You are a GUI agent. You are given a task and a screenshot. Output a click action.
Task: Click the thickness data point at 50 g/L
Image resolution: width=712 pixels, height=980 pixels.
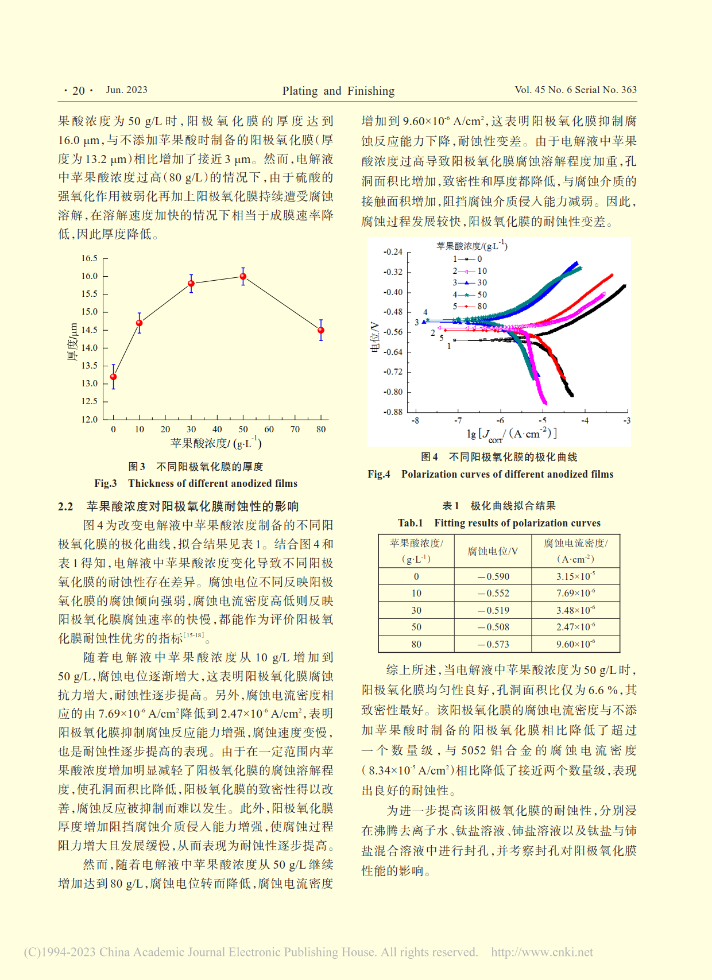click(243, 277)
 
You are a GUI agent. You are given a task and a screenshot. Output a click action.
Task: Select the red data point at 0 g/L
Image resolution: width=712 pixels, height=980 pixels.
click(113, 377)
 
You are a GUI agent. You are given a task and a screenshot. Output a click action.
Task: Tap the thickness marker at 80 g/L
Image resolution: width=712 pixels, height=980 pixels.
click(321, 330)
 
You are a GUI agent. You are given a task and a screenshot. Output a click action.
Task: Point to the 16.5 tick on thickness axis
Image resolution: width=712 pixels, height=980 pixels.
click(90, 258)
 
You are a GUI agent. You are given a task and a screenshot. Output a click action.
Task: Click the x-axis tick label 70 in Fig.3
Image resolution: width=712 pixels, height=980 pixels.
click(295, 429)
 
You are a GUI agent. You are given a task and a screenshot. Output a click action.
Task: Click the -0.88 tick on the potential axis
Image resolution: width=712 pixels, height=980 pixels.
click(393, 412)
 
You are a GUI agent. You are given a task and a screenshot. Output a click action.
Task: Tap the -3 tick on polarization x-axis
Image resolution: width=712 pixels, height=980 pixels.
click(627, 421)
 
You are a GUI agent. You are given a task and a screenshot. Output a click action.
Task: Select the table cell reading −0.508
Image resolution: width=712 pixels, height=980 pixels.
click(493, 627)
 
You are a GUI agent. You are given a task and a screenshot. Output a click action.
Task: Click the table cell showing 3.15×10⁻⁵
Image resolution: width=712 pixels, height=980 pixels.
click(575, 576)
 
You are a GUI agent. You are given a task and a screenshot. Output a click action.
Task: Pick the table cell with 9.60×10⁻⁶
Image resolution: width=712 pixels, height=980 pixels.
click(575, 644)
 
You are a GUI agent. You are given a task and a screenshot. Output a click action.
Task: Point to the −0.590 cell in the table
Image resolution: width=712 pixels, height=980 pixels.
click(493, 576)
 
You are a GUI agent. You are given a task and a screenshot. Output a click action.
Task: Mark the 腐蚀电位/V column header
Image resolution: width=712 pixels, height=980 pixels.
click(493, 551)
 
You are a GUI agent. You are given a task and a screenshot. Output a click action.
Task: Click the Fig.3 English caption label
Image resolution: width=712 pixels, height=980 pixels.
click(106, 483)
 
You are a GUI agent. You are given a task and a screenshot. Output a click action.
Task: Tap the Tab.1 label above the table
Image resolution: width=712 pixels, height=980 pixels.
click(410, 523)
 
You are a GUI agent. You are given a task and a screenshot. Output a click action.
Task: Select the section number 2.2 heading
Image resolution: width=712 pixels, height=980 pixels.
click(65, 506)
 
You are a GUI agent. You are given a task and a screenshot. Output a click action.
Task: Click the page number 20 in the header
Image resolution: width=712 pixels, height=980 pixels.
click(79, 91)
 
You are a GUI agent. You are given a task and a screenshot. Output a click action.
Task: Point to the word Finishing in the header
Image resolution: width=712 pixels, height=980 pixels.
click(371, 91)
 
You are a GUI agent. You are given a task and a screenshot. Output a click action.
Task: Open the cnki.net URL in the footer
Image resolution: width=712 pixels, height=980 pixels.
click(541, 952)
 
